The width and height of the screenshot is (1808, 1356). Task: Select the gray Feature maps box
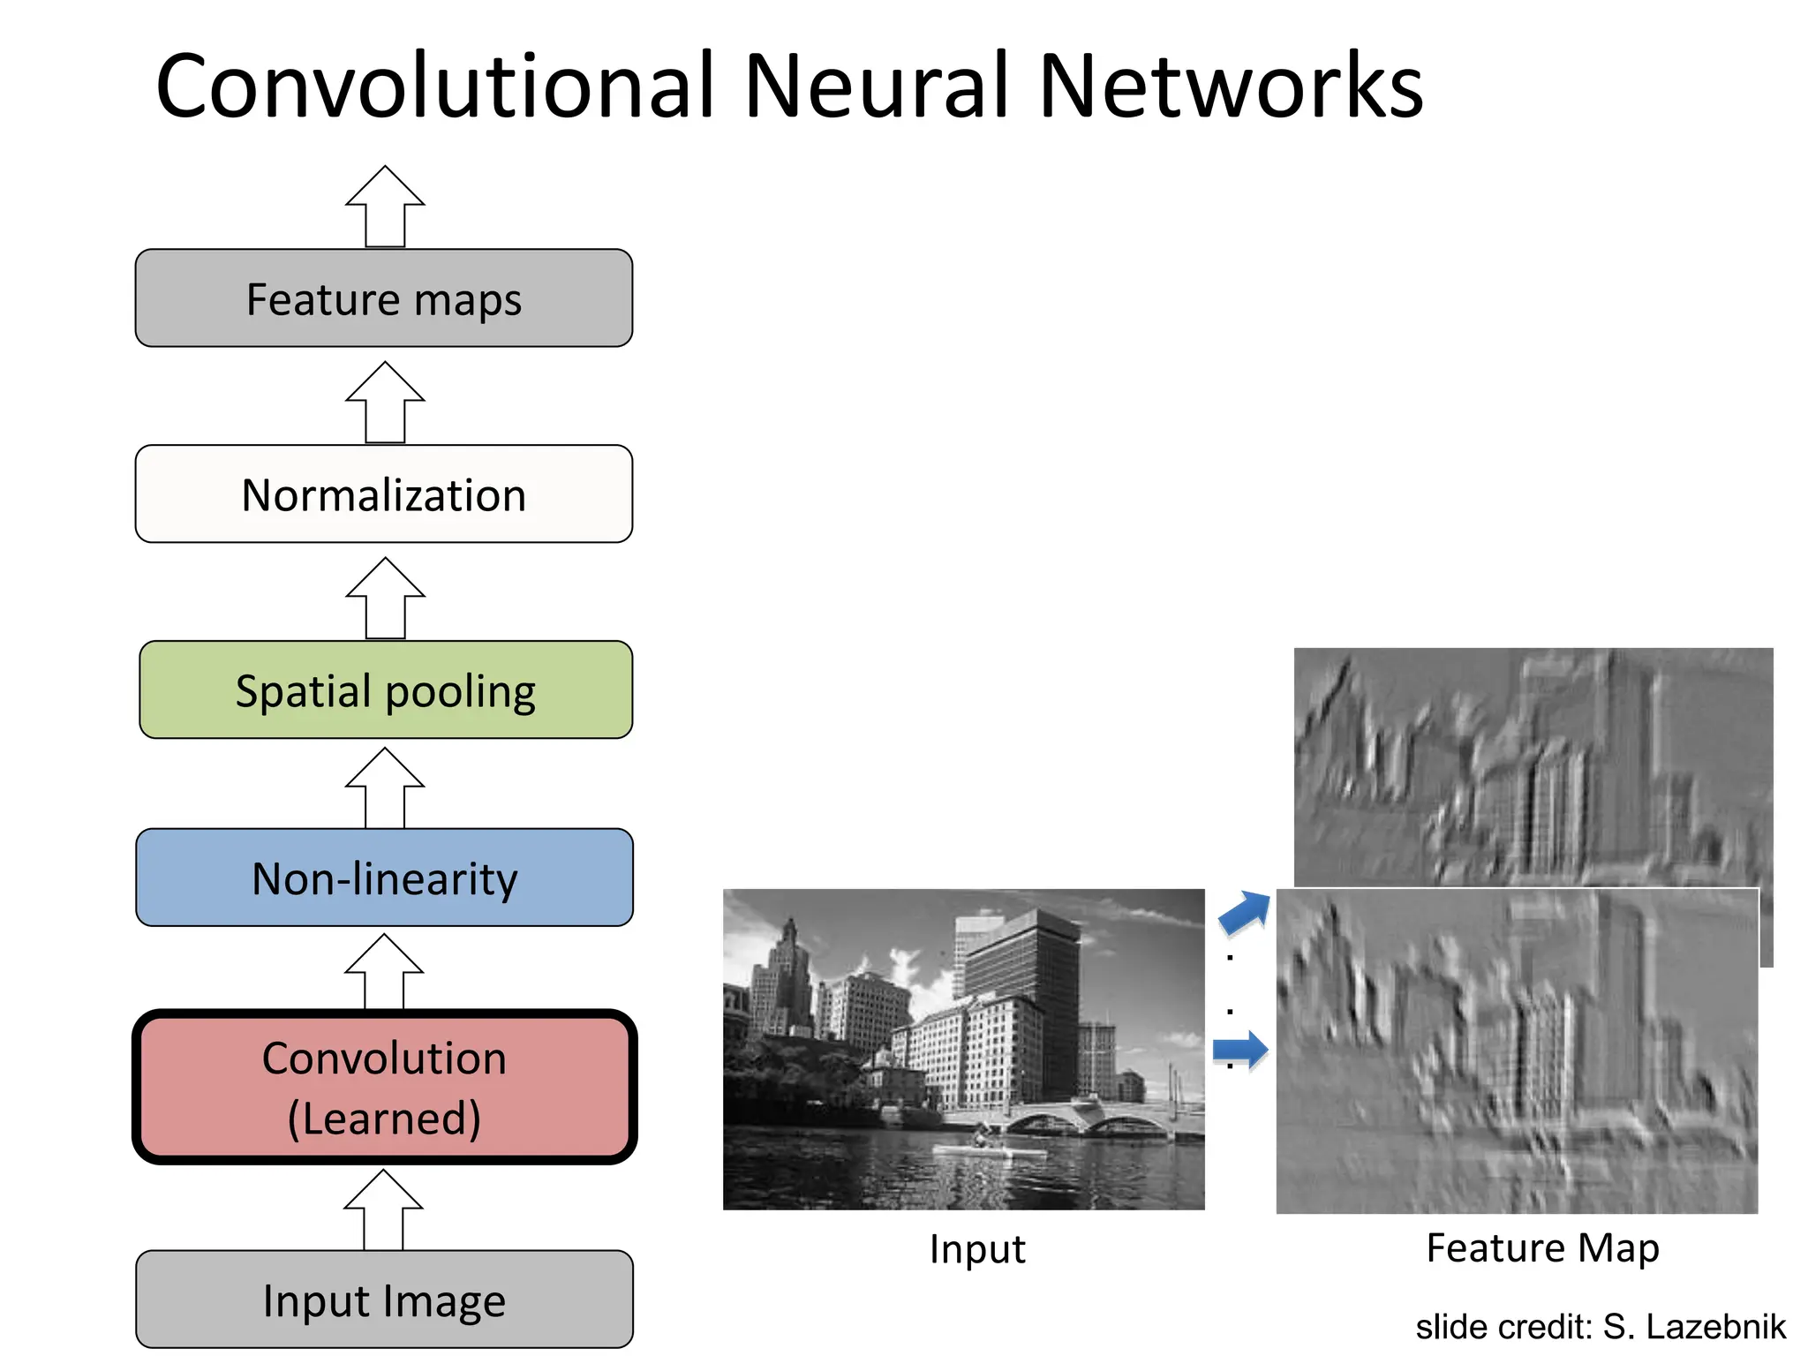(x=384, y=298)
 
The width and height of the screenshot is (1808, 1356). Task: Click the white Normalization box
(x=384, y=494)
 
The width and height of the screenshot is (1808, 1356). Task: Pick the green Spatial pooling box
(x=386, y=690)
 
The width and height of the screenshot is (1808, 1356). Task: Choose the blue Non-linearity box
(x=384, y=878)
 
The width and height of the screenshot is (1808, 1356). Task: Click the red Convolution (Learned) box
(x=384, y=1087)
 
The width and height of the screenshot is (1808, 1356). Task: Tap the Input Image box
(x=384, y=1299)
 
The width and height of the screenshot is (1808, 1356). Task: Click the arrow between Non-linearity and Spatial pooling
(x=385, y=787)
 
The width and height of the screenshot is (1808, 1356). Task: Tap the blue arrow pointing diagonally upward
(x=1245, y=912)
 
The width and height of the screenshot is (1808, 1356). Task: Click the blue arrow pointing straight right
(x=1240, y=1050)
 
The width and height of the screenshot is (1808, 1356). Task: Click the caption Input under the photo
(x=977, y=1249)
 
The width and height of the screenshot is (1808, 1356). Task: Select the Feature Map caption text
(x=1542, y=1248)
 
